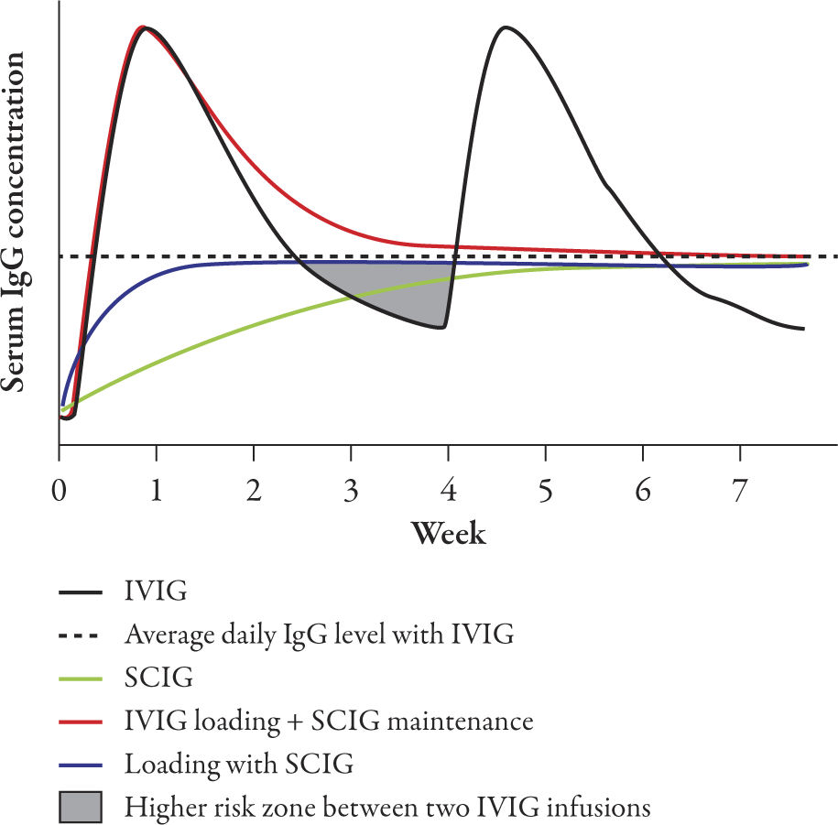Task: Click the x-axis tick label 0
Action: pyautogui.click(x=60, y=494)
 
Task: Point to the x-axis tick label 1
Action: pyautogui.click(x=157, y=494)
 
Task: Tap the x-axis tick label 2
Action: pyautogui.click(x=255, y=494)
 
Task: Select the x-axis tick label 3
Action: pyautogui.click(x=352, y=494)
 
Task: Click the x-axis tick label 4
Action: pyautogui.click(x=449, y=494)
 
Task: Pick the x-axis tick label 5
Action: pyautogui.click(x=546, y=494)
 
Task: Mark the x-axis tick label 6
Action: pyautogui.click(x=643, y=494)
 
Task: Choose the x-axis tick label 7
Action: pyautogui.click(x=740, y=494)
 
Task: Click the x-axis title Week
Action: pyautogui.click(x=448, y=533)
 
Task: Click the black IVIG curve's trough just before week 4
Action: pyautogui.click(x=442, y=327)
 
